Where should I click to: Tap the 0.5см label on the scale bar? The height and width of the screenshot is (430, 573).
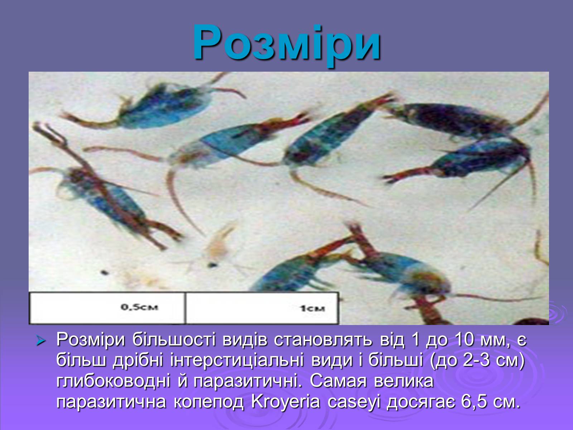[x=139, y=307]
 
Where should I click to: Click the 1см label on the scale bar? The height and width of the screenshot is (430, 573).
[x=312, y=309]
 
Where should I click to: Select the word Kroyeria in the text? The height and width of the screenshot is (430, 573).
[x=285, y=402]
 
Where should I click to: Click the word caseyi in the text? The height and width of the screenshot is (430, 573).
[x=354, y=402]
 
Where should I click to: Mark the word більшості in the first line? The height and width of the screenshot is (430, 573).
[x=174, y=340]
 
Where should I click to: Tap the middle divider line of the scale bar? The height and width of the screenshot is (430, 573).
[x=185, y=308]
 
